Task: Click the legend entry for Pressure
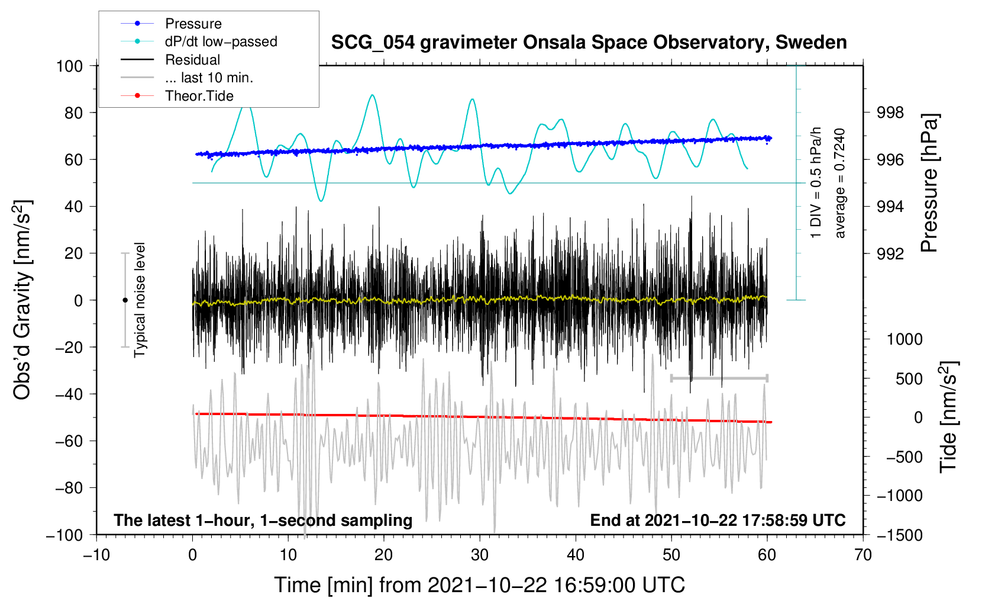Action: point(171,23)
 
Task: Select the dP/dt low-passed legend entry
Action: point(199,41)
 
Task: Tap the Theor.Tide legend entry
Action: point(177,96)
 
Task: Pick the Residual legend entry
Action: point(170,60)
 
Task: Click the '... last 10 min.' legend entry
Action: point(187,78)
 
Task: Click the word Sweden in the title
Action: point(811,42)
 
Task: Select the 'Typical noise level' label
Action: point(140,300)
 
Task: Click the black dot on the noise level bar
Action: point(125,300)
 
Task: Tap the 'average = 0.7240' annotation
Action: point(839,183)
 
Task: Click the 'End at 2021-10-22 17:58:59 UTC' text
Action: point(718,520)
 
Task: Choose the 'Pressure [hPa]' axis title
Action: point(929,183)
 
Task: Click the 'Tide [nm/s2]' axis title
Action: point(949,417)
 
